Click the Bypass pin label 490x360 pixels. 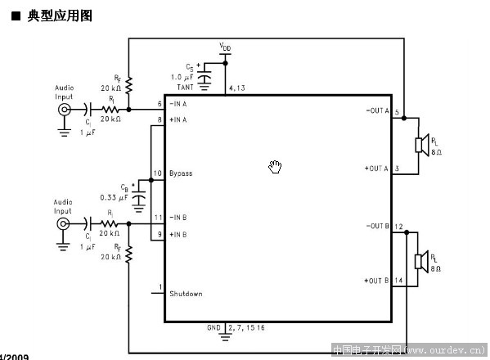coord(181,173)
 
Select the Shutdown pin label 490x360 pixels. coord(186,294)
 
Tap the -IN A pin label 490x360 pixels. coord(178,105)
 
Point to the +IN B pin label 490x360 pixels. coord(178,235)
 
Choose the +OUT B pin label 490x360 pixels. coord(376,281)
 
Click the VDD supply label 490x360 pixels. coord(225,47)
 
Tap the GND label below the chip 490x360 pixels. coord(214,327)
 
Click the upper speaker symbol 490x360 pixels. coord(418,145)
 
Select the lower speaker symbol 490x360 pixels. coord(418,261)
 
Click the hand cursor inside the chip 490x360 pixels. coord(275,167)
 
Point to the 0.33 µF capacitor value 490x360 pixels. coord(113,197)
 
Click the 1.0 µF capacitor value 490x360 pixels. coord(185,76)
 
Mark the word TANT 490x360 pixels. coord(187,85)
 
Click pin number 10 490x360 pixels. coord(158,173)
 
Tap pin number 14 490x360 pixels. coord(398,281)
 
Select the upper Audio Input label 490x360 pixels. coord(63,90)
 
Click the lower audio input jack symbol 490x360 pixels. coord(64,223)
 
